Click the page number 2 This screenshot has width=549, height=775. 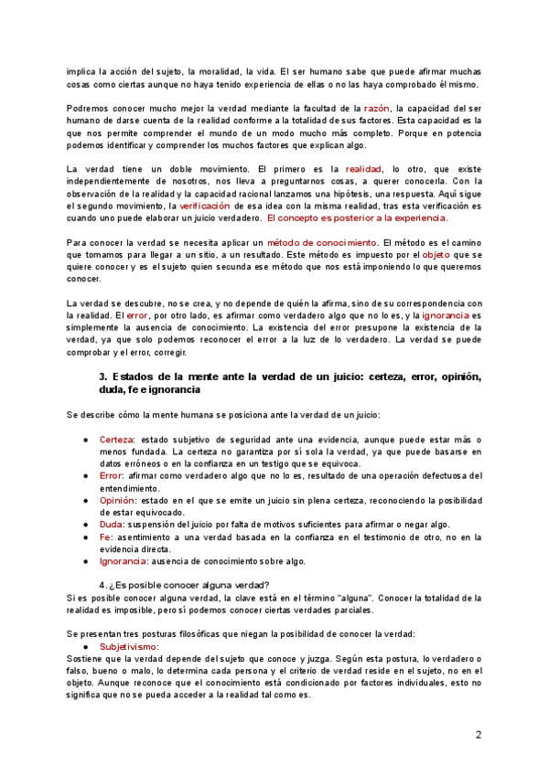(x=478, y=736)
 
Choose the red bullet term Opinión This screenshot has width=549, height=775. (x=117, y=500)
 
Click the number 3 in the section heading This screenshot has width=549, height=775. (x=102, y=377)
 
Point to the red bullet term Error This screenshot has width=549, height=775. (x=111, y=475)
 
